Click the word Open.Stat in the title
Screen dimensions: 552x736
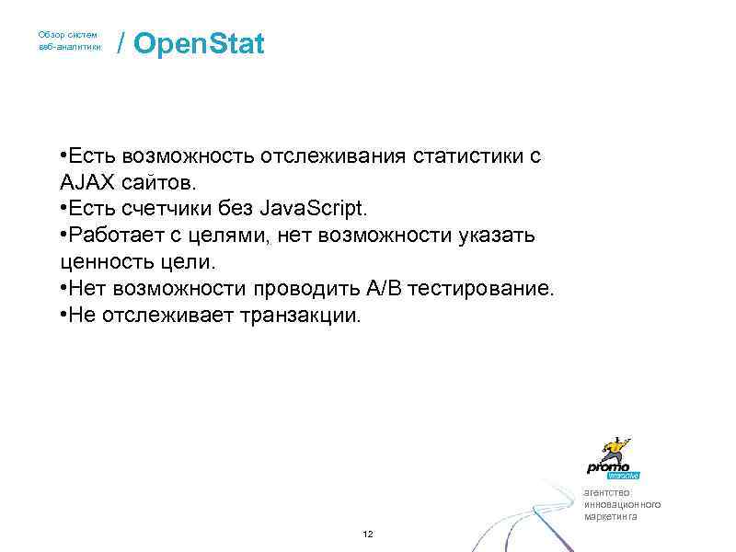pyautogui.click(x=199, y=44)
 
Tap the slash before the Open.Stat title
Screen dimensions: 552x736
pyautogui.click(x=121, y=44)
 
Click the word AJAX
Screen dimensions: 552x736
pyautogui.click(x=85, y=182)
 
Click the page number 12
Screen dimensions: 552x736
pyautogui.click(x=367, y=535)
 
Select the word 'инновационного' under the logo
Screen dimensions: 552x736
pyautogui.click(x=622, y=504)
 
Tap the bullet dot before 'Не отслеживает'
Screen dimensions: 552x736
pyautogui.click(x=60, y=316)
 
